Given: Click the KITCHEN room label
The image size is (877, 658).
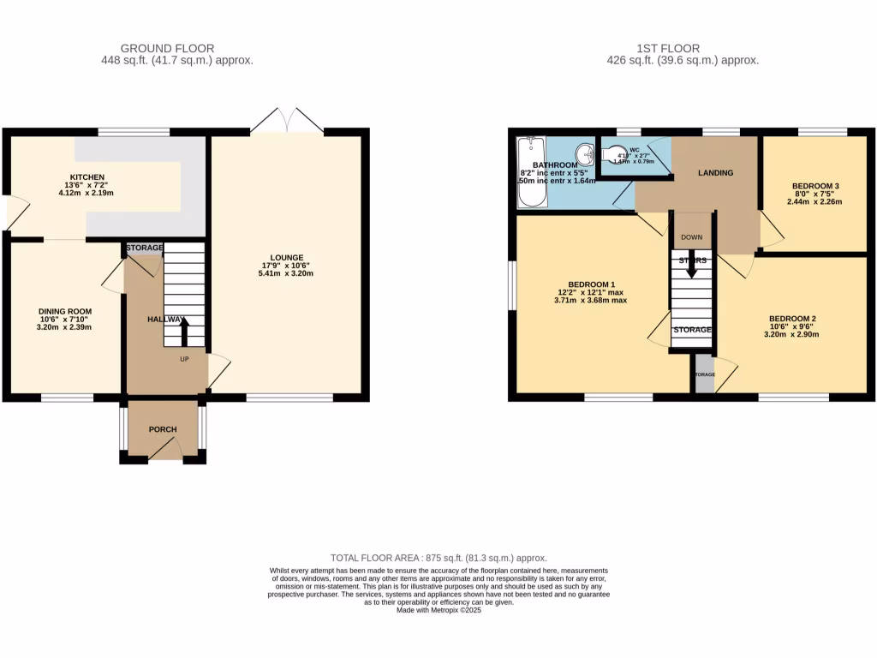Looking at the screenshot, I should pyautogui.click(x=87, y=177).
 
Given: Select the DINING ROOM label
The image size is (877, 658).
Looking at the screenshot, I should pyautogui.click(x=64, y=311).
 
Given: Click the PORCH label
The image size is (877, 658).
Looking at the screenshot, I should pyautogui.click(x=163, y=430).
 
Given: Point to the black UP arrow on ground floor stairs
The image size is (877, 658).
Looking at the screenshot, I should pyautogui.click(x=183, y=326).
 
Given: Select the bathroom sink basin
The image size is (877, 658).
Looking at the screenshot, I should pyautogui.click(x=586, y=155).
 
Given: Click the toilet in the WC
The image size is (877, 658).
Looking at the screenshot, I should pyautogui.click(x=617, y=154).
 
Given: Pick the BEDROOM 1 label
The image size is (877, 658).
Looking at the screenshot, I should pyautogui.click(x=591, y=284).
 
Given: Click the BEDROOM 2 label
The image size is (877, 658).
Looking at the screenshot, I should pyautogui.click(x=791, y=318).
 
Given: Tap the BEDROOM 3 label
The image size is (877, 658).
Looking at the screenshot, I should pyautogui.click(x=815, y=186).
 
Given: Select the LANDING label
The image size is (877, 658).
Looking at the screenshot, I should pyautogui.click(x=715, y=172).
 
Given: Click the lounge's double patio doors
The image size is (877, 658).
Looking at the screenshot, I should pyautogui.click(x=287, y=121).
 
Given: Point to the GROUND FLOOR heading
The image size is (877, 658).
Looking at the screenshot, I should pyautogui.click(x=168, y=48).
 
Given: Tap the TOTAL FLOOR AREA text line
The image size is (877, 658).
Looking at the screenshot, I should pyautogui.click(x=438, y=558).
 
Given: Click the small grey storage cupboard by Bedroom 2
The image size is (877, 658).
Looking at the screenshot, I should pyautogui.click(x=704, y=375).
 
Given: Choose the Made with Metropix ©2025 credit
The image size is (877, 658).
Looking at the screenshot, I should pyautogui.click(x=438, y=610).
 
